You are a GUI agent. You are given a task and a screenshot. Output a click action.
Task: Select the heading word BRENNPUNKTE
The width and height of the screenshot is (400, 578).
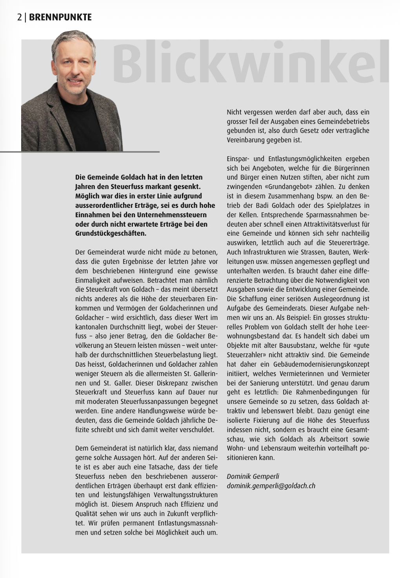click(60, 17)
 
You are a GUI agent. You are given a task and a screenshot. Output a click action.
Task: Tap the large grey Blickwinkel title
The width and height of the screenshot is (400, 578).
click(251, 63)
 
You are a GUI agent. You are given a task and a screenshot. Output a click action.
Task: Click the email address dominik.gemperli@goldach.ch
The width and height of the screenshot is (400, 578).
click(271, 486)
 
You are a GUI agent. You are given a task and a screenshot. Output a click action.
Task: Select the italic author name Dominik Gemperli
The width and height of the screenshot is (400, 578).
click(253, 476)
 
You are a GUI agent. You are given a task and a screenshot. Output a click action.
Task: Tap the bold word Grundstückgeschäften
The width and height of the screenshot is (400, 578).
click(111, 234)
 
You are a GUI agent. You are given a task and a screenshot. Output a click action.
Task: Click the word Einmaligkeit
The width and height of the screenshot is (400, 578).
click(93, 280)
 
